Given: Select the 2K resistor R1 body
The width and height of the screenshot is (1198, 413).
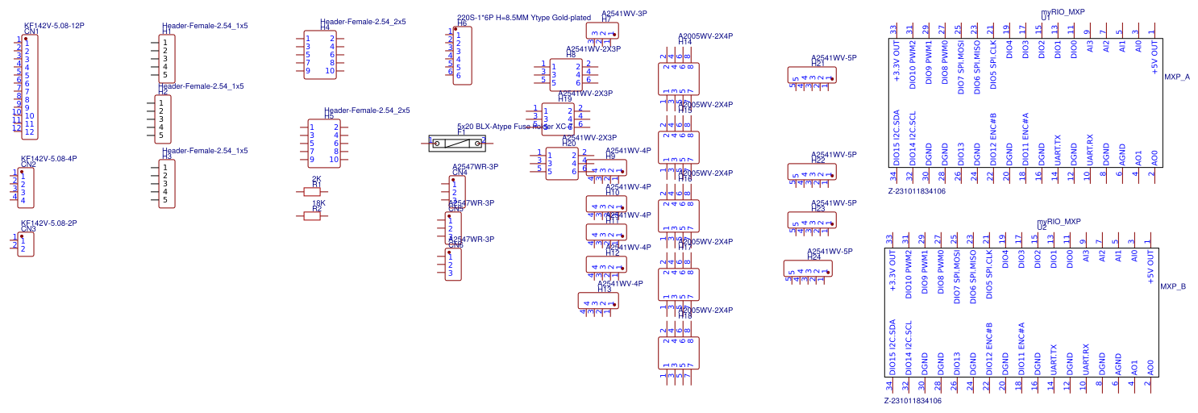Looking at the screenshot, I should tap(311, 192).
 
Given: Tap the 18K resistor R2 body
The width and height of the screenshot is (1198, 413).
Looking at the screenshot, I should tap(311, 216).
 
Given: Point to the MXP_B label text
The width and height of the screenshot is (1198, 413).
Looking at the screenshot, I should tap(1172, 286).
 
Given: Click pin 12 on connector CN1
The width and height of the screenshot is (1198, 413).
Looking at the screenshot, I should tap(29, 131).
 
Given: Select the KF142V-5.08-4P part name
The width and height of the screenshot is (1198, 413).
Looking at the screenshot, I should tap(48, 159).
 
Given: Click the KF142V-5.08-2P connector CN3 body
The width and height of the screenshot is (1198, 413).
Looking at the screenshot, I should tap(27, 244).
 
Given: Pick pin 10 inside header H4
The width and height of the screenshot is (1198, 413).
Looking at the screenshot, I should tap(330, 71).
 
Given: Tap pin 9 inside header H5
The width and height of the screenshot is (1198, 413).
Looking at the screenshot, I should tap(312, 160).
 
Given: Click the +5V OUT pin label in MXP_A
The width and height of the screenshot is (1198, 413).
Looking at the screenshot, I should tap(1154, 58).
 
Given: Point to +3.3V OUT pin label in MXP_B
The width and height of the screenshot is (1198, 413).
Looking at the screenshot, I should tap(892, 270).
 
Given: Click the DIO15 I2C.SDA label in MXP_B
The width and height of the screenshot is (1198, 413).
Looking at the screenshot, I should tap(892, 346).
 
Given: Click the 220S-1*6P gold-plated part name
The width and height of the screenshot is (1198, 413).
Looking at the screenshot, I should tap(523, 18).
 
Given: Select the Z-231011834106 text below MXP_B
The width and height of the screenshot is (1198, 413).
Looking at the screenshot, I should tap(913, 400).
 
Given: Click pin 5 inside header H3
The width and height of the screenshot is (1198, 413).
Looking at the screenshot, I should tap(165, 200).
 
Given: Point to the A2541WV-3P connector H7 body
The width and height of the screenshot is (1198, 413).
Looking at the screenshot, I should tap(602, 31).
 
